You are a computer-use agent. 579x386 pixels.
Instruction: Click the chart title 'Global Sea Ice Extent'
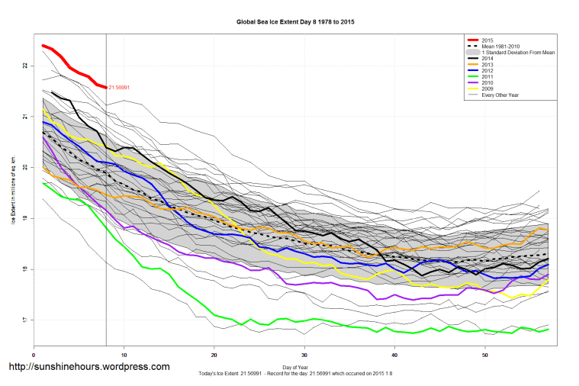click(x=296, y=22)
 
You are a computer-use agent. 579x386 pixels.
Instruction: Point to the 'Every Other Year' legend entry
click(x=500, y=95)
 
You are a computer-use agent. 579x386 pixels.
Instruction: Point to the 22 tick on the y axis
click(x=25, y=66)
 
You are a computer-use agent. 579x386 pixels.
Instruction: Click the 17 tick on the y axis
click(x=25, y=320)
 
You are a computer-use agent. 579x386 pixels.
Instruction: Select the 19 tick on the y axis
click(x=25, y=218)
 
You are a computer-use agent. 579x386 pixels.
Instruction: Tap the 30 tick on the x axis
click(x=305, y=355)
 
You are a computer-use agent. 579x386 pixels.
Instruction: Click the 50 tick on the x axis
click(x=485, y=355)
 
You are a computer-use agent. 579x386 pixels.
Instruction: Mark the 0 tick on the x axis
click(x=34, y=355)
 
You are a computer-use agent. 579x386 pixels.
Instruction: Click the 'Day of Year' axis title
click(x=296, y=365)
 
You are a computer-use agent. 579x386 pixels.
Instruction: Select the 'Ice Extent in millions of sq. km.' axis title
click(x=13, y=188)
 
